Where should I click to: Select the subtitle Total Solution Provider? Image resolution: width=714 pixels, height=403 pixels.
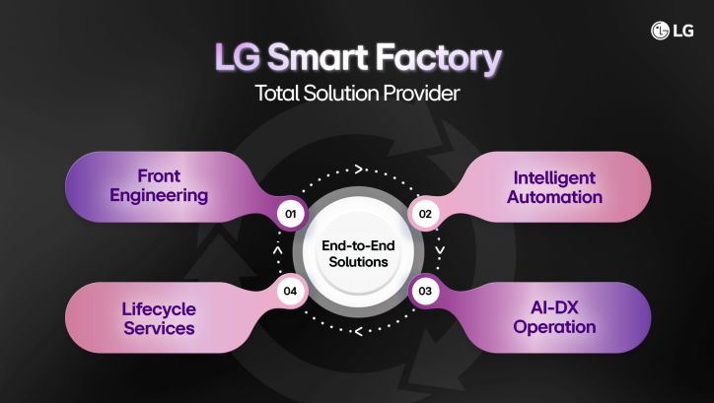357,96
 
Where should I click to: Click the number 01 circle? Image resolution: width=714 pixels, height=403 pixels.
290,213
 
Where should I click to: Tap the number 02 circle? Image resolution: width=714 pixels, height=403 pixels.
425,213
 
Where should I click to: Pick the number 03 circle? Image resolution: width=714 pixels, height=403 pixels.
425,291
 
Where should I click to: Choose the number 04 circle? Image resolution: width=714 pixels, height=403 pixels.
290,291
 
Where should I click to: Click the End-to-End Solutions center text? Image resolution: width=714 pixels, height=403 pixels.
357,254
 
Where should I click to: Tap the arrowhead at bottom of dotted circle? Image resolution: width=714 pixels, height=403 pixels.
356,330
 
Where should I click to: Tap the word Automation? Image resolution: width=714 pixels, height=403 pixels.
556,196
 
